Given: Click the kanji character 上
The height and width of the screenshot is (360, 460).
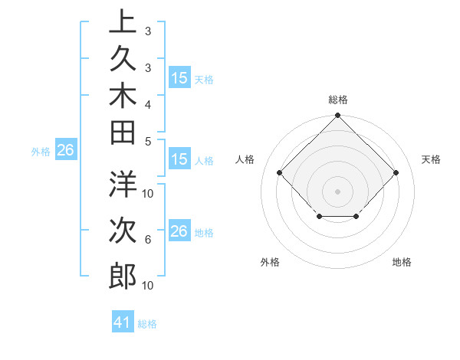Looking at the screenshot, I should [x=122, y=22].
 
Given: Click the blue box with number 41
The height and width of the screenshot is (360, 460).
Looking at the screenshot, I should [x=123, y=322].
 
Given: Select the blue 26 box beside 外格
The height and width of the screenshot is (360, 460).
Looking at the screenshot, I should [x=65, y=151].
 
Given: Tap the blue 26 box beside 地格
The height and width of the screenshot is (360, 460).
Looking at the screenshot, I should [x=179, y=231].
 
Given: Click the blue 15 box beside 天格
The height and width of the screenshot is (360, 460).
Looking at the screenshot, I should [x=179, y=78].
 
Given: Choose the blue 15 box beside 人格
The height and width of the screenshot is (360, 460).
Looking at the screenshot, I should [x=179, y=160].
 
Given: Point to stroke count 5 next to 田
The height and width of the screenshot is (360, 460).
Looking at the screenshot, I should [x=148, y=141].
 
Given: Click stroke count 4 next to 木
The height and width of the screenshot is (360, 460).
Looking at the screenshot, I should [x=148, y=103].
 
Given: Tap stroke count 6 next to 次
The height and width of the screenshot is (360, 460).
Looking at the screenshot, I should [x=148, y=239].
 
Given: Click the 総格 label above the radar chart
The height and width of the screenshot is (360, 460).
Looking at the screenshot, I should [x=337, y=100].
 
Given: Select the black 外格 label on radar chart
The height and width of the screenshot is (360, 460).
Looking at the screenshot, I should [x=270, y=263].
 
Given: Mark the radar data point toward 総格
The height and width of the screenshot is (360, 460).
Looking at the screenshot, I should [x=337, y=116].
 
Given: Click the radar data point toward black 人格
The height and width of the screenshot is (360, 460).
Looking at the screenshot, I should [x=280, y=173].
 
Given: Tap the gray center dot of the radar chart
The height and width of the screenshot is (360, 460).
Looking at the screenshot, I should [x=337, y=191].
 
